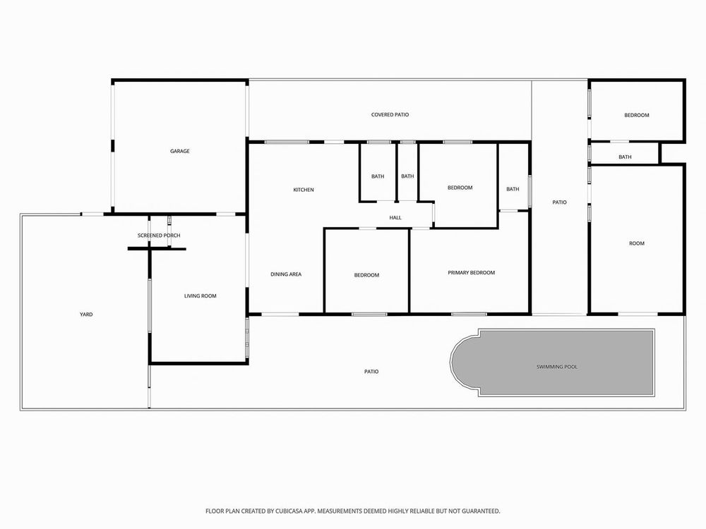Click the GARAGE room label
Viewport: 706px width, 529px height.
(x=179, y=151)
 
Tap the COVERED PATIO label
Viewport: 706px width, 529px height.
(x=390, y=115)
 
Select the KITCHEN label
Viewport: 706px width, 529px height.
(x=304, y=190)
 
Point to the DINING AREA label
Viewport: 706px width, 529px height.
(x=286, y=274)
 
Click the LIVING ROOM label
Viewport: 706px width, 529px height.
(x=201, y=296)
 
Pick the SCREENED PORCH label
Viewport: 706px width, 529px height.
(x=159, y=236)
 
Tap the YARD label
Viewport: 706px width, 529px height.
(x=86, y=315)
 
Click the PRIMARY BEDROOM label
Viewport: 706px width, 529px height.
(x=472, y=272)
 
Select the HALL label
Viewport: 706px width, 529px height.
(x=395, y=218)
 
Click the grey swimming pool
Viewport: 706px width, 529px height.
(x=553, y=363)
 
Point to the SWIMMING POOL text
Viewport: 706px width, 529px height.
(x=557, y=367)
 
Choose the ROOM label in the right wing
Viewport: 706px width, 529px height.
(x=637, y=243)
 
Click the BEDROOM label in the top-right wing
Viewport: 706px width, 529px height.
(x=637, y=115)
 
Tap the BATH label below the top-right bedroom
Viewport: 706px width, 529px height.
(x=625, y=157)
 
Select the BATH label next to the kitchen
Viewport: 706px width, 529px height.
(x=378, y=176)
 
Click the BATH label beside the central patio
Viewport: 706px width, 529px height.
(x=513, y=189)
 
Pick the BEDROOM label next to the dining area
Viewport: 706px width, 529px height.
(x=366, y=275)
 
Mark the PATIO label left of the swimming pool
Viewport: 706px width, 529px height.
(x=371, y=372)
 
